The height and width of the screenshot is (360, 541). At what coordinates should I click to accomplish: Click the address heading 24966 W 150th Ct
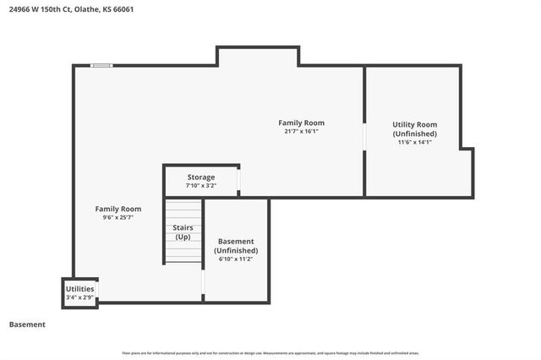pyautogui.click(x=71, y=9)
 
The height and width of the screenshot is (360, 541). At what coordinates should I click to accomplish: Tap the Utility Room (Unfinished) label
pyautogui.click(x=414, y=129)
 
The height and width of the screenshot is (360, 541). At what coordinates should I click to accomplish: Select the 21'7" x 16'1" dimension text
pyautogui.click(x=302, y=131)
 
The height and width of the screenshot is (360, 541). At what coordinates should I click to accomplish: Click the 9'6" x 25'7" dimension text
pyautogui.click(x=117, y=217)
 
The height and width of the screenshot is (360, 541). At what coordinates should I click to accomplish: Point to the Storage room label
pyautogui.click(x=201, y=177)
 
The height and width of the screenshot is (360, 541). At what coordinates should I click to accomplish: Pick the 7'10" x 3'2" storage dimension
pyautogui.click(x=201, y=185)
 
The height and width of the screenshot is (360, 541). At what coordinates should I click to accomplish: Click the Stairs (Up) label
pyautogui.click(x=183, y=232)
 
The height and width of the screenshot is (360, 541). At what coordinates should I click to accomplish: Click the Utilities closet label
pyautogui.click(x=79, y=289)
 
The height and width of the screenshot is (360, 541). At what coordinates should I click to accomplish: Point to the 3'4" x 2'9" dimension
pyautogui.click(x=79, y=297)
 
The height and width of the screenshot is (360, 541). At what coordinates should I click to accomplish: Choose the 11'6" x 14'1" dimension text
pyautogui.click(x=414, y=142)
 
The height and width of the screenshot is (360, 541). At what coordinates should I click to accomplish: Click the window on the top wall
pyautogui.click(x=102, y=66)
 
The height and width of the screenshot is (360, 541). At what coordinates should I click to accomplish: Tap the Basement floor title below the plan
pyautogui.click(x=27, y=325)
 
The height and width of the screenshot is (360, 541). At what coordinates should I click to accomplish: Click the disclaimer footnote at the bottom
pyautogui.click(x=270, y=352)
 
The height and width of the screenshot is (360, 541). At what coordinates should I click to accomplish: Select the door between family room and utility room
pyautogui.click(x=364, y=137)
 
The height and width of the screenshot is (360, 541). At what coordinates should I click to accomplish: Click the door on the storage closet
pyautogui.click(x=239, y=181)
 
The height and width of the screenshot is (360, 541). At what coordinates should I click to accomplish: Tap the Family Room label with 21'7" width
pyautogui.click(x=302, y=123)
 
